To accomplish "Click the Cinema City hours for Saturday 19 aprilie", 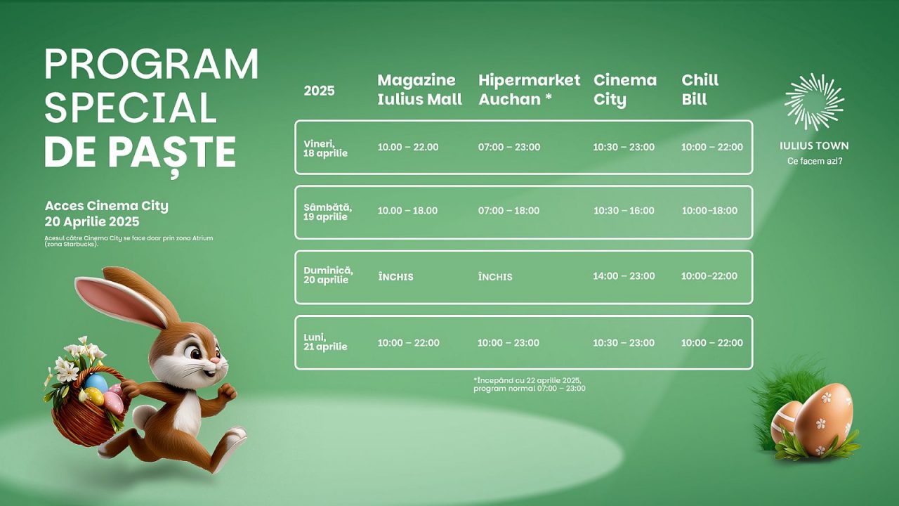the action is point(624,210).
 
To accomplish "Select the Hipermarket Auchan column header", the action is point(529,89).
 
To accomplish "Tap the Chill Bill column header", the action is point(700,89).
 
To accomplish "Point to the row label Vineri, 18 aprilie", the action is point(325,148).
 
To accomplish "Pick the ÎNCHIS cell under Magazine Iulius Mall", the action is point(395,277).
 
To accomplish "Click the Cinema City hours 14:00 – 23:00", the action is point(624,276).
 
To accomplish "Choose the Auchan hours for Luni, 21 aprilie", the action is point(508,342).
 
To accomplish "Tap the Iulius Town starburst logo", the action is point(814,102).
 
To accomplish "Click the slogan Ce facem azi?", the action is point(815,161).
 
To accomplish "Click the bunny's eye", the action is point(195,353).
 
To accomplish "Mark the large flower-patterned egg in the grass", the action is point(824,420).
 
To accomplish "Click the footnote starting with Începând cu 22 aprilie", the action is point(530,384).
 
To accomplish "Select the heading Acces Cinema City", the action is point(106,206).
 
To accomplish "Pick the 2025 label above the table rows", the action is point(319,91).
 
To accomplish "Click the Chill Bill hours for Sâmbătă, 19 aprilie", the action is point(709,210).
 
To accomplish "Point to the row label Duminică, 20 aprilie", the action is point(328,275).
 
